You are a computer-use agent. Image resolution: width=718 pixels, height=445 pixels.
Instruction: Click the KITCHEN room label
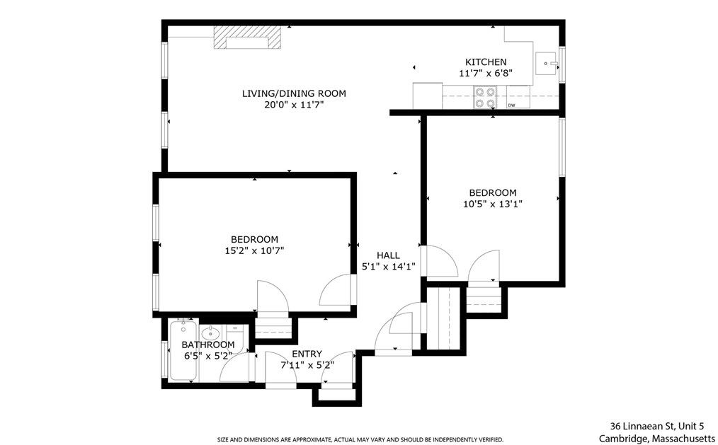(x=485, y=62)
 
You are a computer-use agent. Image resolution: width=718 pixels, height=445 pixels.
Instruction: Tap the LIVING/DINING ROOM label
(x=294, y=93)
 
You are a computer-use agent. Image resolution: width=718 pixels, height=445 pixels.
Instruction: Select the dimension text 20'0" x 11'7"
(x=294, y=104)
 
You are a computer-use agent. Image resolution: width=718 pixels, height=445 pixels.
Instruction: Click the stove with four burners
(x=485, y=97)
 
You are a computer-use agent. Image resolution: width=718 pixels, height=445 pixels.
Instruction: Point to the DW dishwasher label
(x=511, y=105)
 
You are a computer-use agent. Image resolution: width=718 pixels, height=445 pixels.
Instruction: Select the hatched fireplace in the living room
(x=248, y=38)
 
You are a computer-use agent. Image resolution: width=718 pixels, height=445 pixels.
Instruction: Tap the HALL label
(x=387, y=255)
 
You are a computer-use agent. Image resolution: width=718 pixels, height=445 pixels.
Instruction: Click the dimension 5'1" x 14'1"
(x=387, y=267)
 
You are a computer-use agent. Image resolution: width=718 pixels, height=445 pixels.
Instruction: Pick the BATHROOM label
(x=207, y=345)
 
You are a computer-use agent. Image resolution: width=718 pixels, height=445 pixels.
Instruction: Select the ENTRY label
(x=307, y=354)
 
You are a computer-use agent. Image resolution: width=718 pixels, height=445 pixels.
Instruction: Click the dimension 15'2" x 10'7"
(x=253, y=250)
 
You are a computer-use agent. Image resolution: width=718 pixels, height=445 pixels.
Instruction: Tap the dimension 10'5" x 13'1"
(x=492, y=204)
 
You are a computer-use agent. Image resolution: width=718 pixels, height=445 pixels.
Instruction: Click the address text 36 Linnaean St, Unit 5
(x=657, y=426)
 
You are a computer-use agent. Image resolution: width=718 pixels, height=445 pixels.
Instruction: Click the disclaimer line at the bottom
(x=360, y=439)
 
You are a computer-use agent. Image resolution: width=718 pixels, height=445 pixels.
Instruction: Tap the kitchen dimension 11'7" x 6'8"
(x=485, y=73)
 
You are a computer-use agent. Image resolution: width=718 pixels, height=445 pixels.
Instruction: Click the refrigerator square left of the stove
(x=427, y=96)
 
